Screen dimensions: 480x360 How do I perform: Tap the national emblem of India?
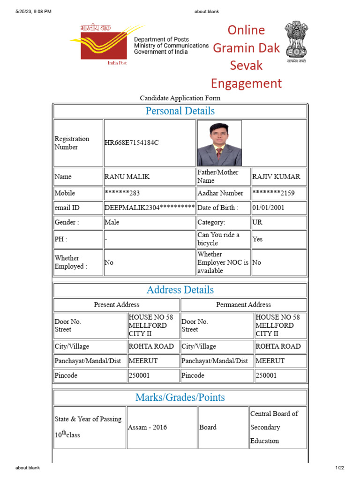pos(296,43)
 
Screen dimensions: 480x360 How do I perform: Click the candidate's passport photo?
pos(219,143)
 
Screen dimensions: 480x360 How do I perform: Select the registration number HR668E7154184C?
pos(132,143)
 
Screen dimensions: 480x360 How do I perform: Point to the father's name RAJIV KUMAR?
pos(276,177)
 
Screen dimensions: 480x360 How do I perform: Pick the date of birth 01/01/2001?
pos(268,208)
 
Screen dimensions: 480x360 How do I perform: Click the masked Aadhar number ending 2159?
pos(273,193)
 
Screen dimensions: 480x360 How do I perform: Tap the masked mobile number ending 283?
pos(122,193)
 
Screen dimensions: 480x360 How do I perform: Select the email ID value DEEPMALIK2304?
pos(149,208)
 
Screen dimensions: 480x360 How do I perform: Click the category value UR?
pos(258,222)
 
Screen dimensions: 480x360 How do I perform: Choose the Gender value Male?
pos(112,222)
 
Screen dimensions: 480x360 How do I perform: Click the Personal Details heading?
pos(180,111)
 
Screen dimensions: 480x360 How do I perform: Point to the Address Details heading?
pos(180,290)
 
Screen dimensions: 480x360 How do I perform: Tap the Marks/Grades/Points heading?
pos(180,397)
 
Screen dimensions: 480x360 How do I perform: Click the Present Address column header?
pos(117,305)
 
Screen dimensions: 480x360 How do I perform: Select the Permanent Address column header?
pos(243,305)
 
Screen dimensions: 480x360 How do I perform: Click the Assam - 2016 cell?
pos(147,427)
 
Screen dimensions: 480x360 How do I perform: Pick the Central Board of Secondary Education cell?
pos(274,427)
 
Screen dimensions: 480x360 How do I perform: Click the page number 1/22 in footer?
pos(339,468)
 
